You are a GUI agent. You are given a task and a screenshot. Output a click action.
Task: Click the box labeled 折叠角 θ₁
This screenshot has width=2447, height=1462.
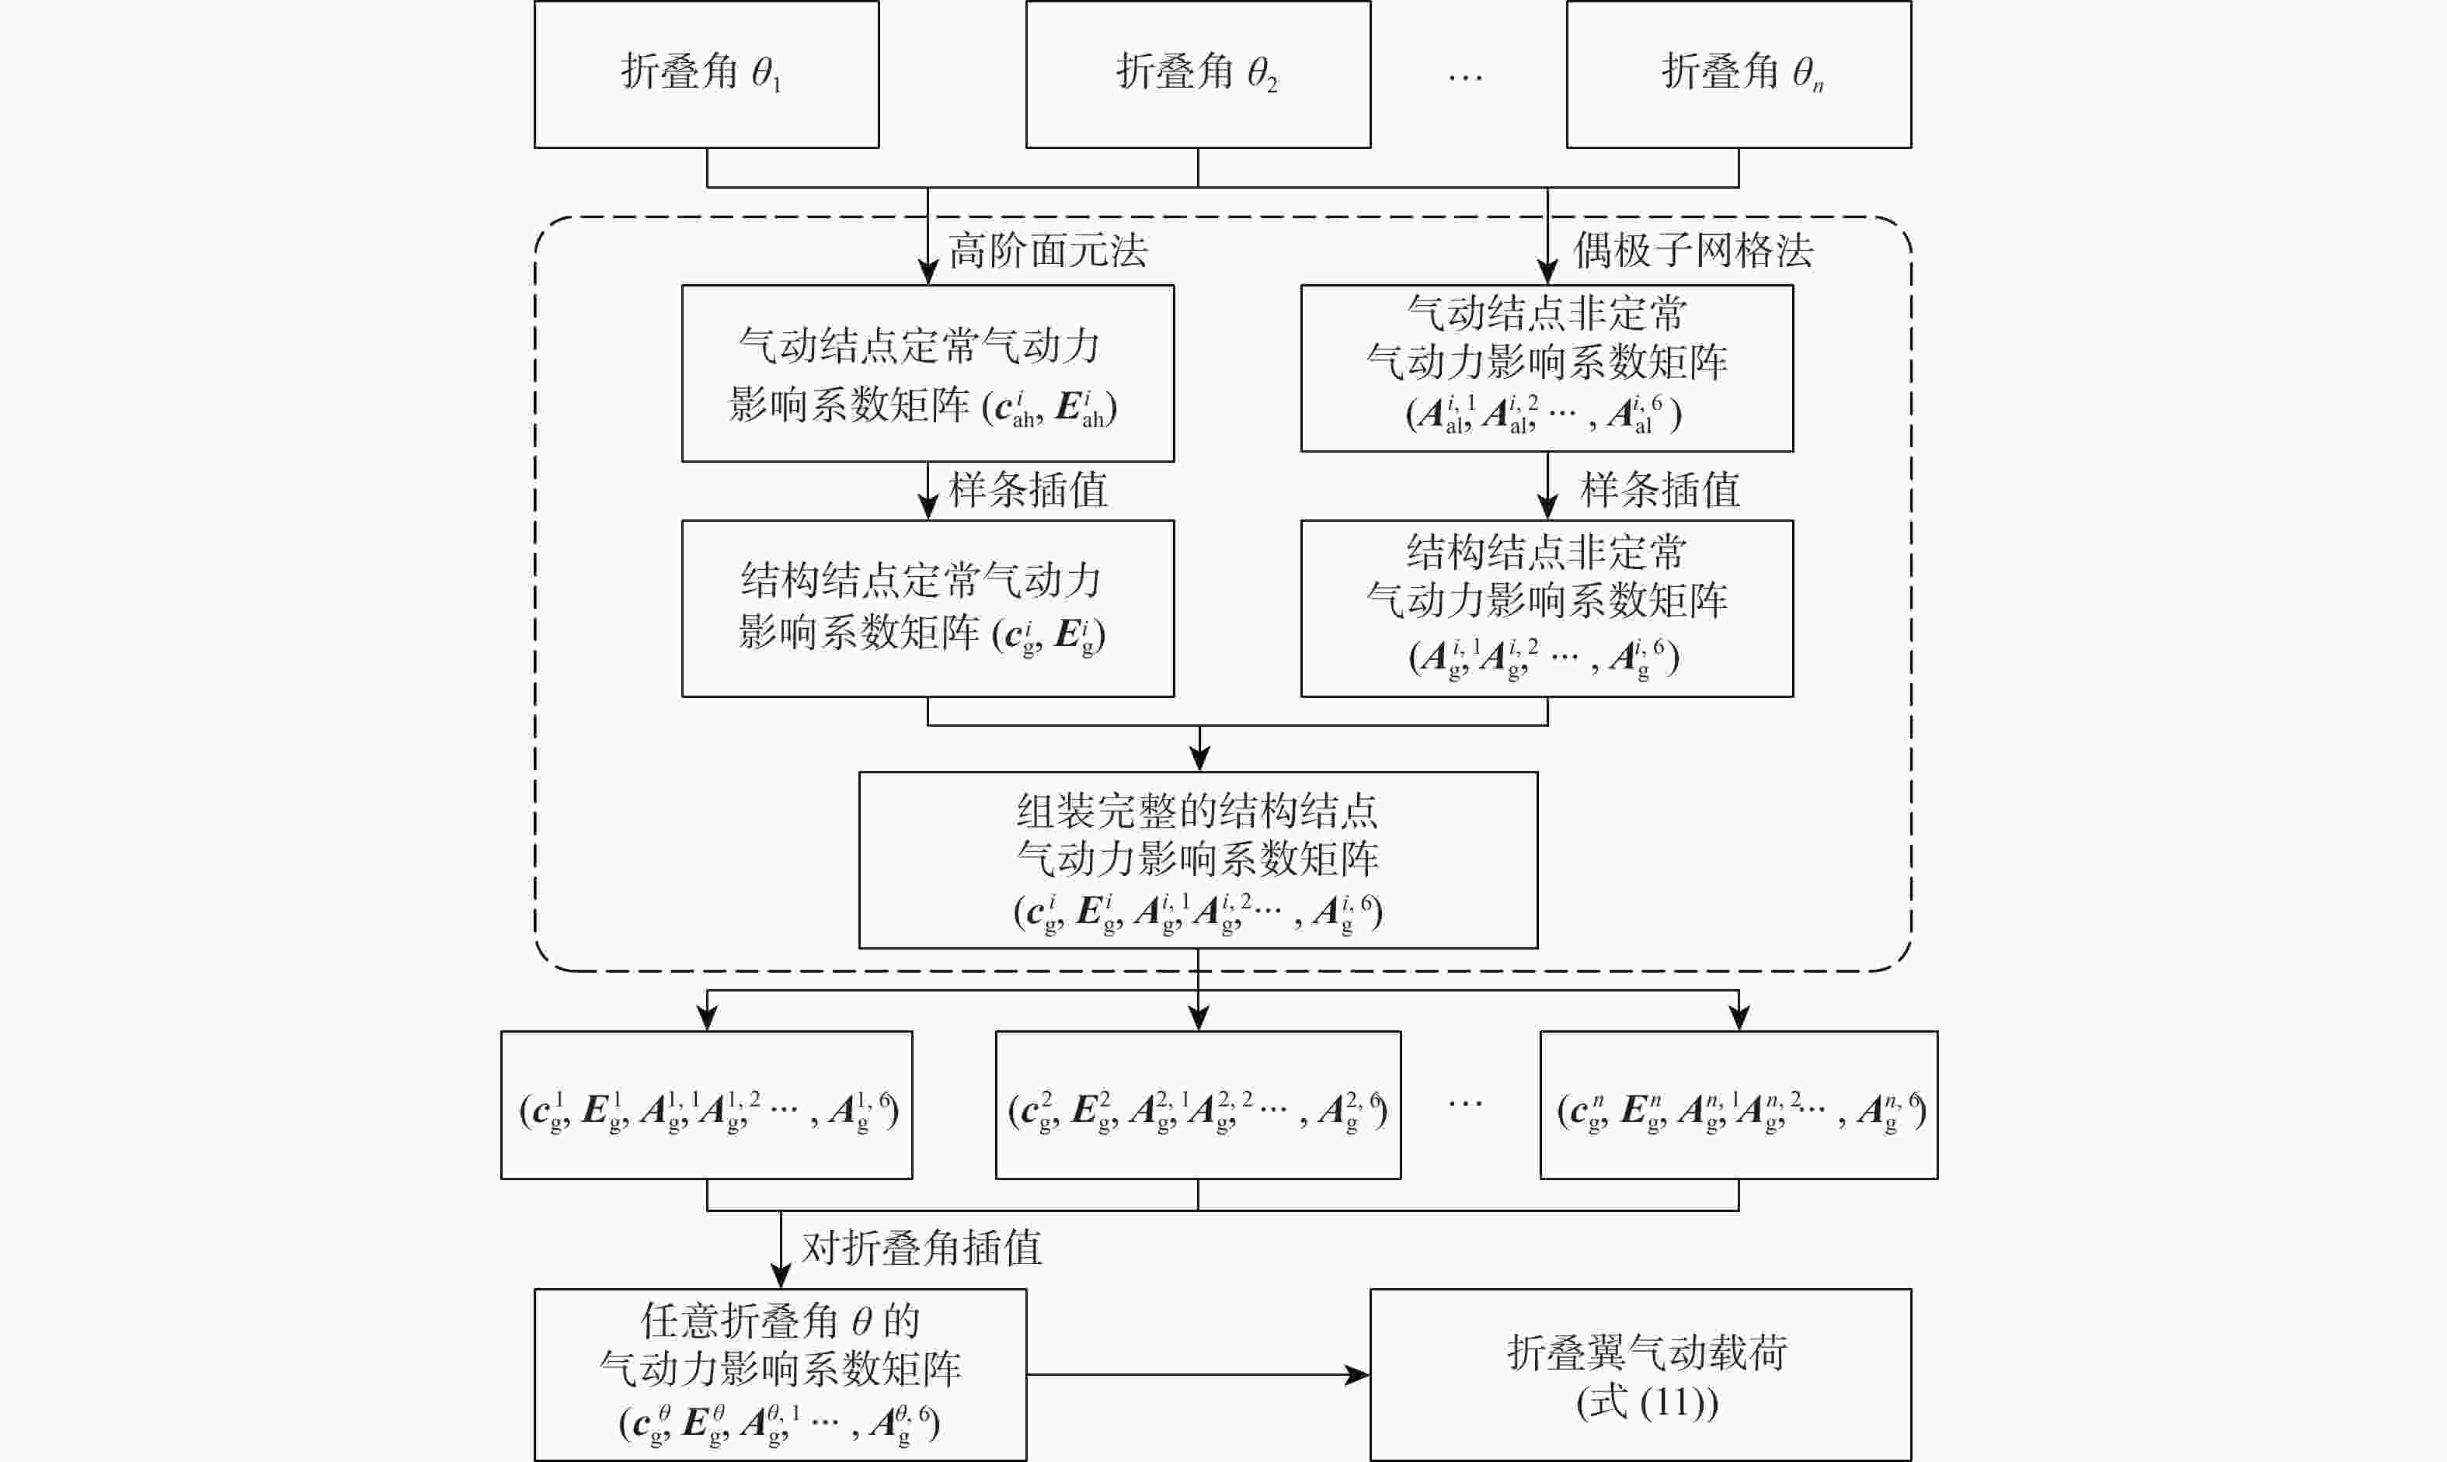(x=707, y=74)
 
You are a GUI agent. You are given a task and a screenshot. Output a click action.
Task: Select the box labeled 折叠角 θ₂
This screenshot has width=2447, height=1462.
(x=1199, y=74)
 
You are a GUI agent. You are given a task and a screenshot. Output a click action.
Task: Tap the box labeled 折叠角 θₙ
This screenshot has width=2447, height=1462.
(x=1739, y=74)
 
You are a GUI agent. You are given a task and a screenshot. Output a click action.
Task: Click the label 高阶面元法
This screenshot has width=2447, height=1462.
(x=1049, y=252)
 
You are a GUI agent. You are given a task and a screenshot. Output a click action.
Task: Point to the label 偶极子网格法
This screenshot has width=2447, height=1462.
(x=1693, y=252)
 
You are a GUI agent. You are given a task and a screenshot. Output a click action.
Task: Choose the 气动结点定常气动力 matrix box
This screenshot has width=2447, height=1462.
(x=928, y=373)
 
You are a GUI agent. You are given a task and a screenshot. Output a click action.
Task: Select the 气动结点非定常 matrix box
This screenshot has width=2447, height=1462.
(x=1547, y=369)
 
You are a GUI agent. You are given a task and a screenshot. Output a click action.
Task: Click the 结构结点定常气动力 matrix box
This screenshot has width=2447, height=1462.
(x=928, y=609)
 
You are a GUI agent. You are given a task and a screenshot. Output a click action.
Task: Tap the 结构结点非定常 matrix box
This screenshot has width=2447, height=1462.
(x=1547, y=609)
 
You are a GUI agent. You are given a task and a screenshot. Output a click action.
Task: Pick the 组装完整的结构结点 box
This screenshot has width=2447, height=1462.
(x=1199, y=860)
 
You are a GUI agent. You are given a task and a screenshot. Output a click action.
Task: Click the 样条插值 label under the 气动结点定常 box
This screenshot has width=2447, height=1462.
(x=1028, y=491)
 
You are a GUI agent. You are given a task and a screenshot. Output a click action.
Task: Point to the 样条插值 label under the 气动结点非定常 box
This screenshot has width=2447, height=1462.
(x=1661, y=491)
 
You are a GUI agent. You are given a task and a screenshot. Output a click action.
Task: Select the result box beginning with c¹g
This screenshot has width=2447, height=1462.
(x=707, y=1106)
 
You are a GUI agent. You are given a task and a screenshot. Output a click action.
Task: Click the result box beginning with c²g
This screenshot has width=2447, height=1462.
(x=1199, y=1106)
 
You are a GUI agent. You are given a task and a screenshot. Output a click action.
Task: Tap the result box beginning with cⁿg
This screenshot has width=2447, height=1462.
(x=1739, y=1106)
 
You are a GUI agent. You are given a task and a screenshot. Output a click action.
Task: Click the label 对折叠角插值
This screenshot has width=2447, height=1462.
(x=921, y=1248)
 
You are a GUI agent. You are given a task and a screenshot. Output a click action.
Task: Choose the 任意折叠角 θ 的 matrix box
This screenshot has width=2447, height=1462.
(x=781, y=1374)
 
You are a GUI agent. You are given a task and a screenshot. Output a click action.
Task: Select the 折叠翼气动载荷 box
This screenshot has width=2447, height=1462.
(x=1641, y=1374)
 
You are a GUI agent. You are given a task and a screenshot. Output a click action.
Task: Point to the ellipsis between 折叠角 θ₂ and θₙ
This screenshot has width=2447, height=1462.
(x=1465, y=77)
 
